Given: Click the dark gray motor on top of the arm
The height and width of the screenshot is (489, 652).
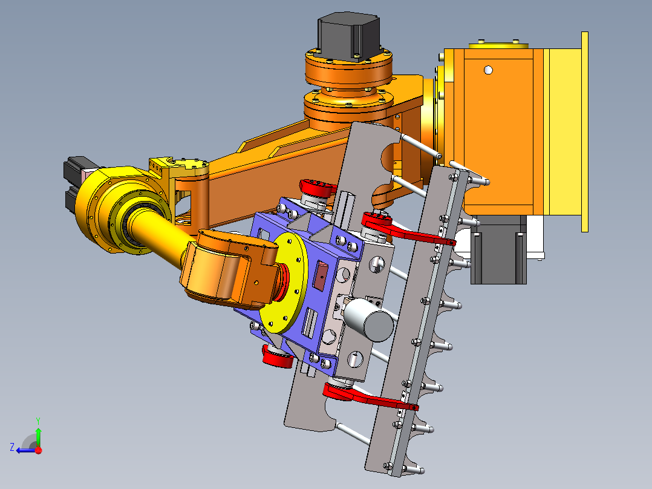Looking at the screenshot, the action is pos(348,37).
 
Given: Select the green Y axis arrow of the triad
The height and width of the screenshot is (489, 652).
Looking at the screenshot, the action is pos(38,435).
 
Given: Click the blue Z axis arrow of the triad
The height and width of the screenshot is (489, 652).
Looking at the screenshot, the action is pos(27,450).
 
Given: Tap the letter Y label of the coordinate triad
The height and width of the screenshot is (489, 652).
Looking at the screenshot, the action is pos(38,421).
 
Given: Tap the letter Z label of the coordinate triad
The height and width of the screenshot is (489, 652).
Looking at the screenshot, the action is pos(12,447).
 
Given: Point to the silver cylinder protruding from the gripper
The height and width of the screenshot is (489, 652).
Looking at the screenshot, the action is pos(368,319).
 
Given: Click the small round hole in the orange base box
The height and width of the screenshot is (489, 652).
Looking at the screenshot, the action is pos(488,70).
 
